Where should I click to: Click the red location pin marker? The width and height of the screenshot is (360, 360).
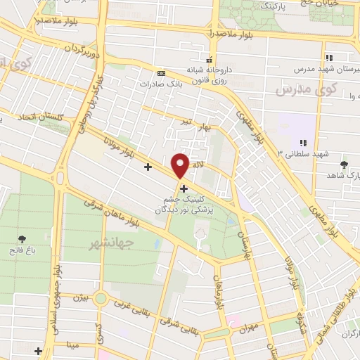point(181,165)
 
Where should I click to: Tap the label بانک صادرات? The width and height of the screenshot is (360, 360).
point(136,83)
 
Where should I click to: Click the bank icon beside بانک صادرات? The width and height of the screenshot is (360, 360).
point(162,72)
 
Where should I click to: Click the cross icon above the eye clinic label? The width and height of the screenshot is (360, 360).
point(184,188)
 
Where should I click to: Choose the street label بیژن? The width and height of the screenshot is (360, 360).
point(82,297)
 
